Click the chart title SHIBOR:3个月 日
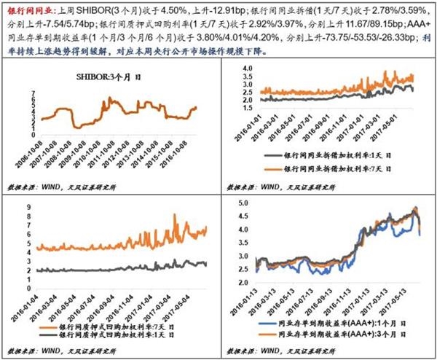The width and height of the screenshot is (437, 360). pyautogui.click(x=109, y=75)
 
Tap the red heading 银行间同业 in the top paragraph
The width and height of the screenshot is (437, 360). pyautogui.click(x=28, y=7)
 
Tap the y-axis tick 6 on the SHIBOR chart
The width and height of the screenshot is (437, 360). pyautogui.click(x=34, y=97)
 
